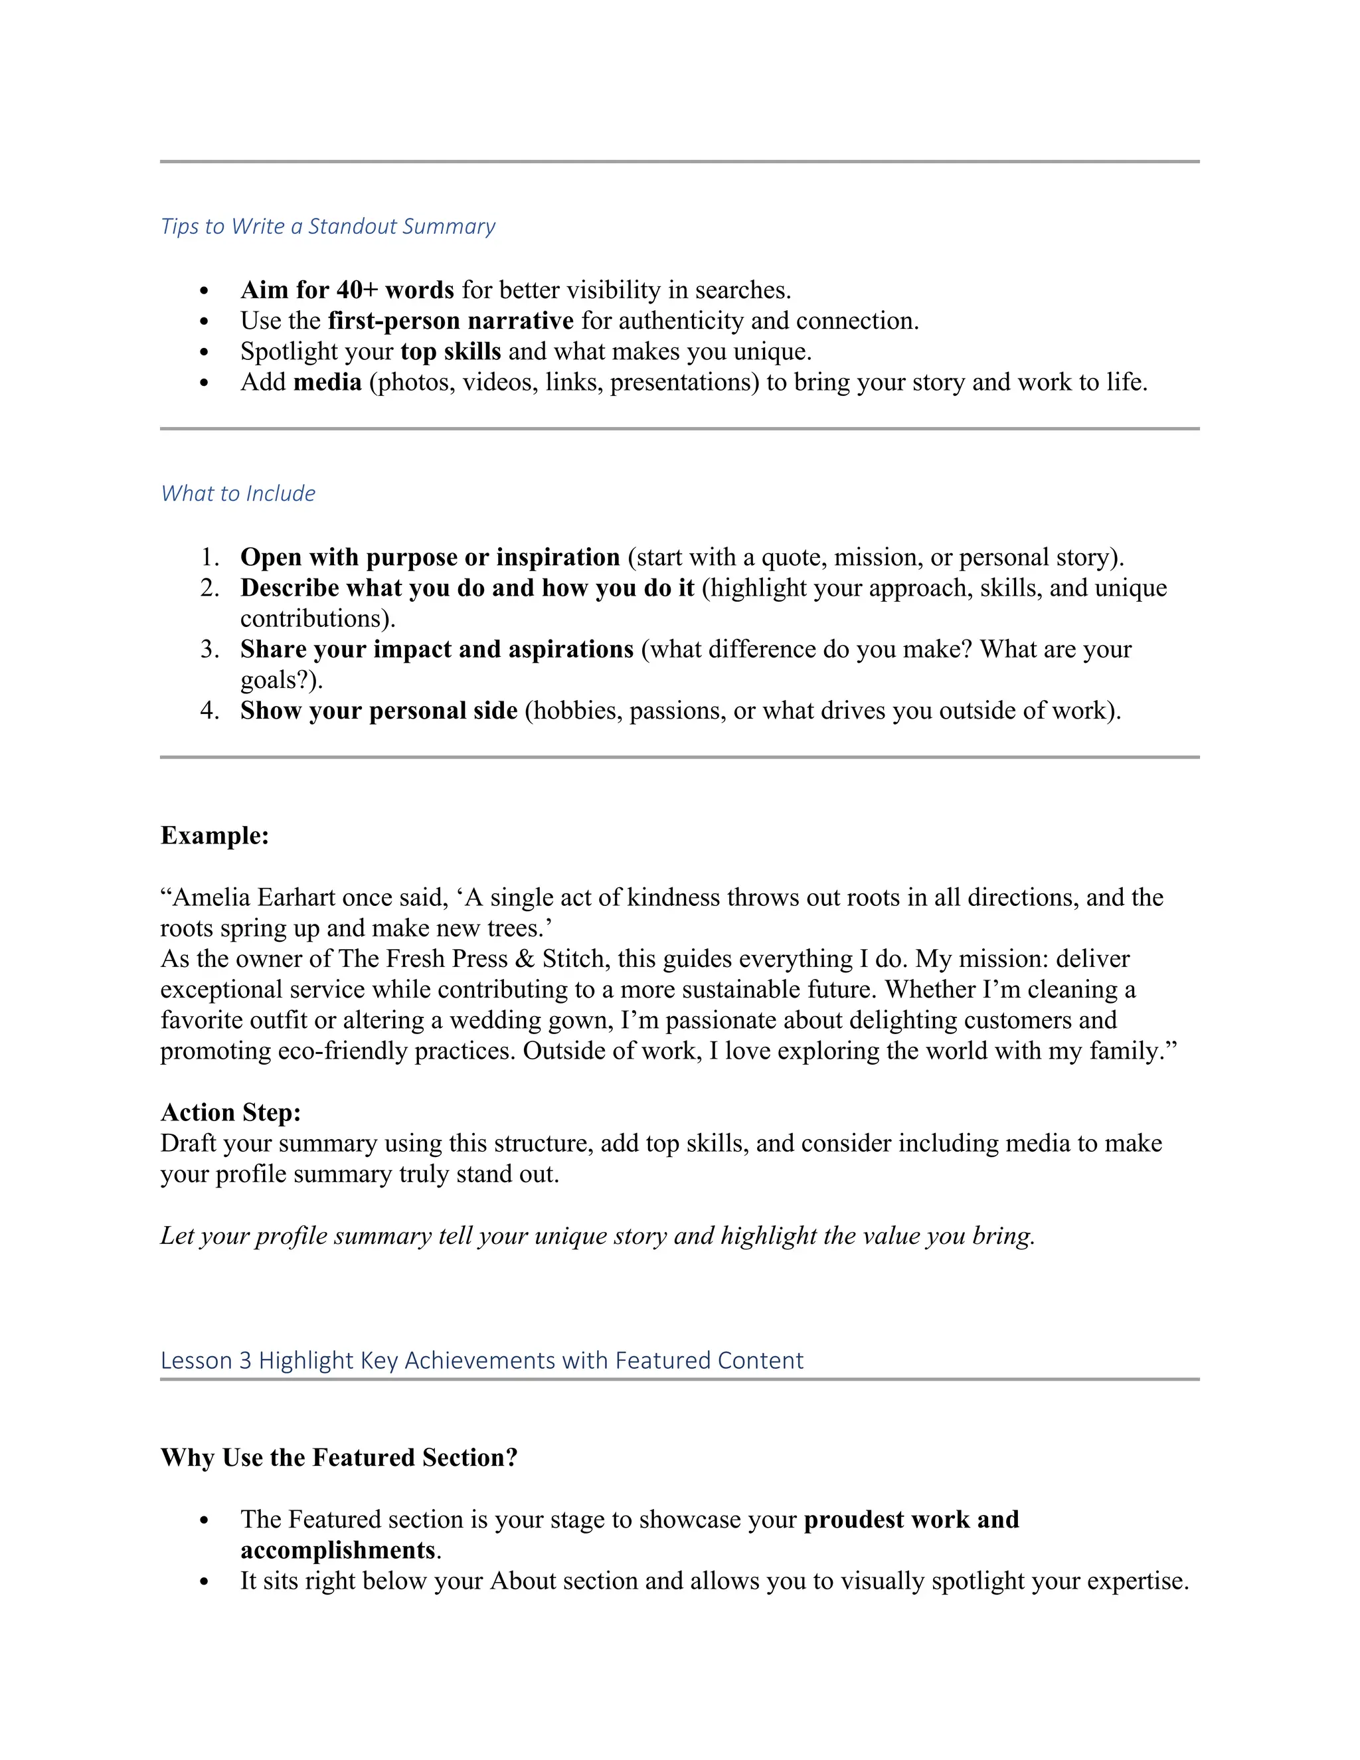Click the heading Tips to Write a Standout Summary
[328, 226]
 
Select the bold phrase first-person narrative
[450, 321]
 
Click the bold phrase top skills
[450, 351]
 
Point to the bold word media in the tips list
[327, 382]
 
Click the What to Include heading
[238, 493]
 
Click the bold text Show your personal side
[379, 711]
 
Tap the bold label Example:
[214, 835]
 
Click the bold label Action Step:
[230, 1112]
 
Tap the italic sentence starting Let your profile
[597, 1235]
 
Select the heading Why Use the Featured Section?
[339, 1457]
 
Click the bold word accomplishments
[337, 1549]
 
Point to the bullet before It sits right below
[204, 1582]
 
